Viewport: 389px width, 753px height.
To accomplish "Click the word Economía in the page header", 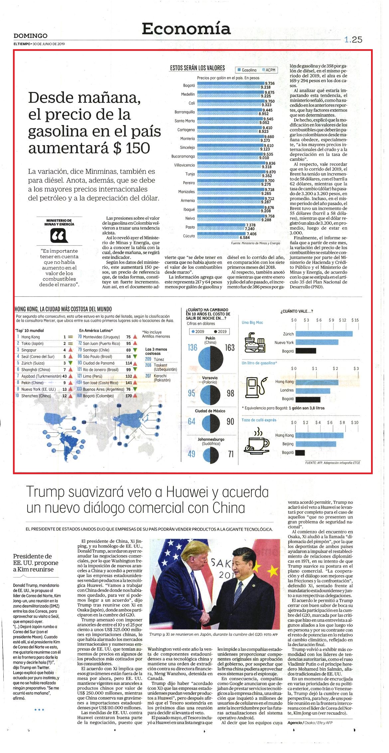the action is pyautogui.click(x=186, y=29).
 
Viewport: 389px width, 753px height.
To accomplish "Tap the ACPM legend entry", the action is pyautogui.click(x=269, y=70).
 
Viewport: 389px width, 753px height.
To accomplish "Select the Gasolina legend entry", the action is pyautogui.click(x=247, y=70).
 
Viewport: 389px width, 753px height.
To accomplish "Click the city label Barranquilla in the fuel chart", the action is pyautogui.click(x=185, y=112).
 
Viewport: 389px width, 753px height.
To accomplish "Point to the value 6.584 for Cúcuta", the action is pyautogui.click(x=244, y=238).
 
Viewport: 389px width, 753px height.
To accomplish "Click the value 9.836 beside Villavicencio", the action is pyautogui.click(x=270, y=163).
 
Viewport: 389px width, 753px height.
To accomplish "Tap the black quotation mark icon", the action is pyautogui.click(x=59, y=237).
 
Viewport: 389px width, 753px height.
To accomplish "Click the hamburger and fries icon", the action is pyautogui.click(x=255, y=342).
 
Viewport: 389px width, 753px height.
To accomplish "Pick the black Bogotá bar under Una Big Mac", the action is pyautogui.click(x=306, y=351).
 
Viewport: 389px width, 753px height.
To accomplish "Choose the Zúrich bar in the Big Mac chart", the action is pyautogui.click(x=324, y=334).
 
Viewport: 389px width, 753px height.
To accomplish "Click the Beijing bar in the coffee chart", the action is pyautogui.click(x=316, y=444).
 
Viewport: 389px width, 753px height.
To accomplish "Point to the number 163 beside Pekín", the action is pyautogui.click(x=230, y=348).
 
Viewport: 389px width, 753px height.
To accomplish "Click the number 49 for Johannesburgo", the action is pyautogui.click(x=192, y=454).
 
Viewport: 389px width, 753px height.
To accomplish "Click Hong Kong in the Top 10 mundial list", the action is pyautogui.click(x=31, y=337).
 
